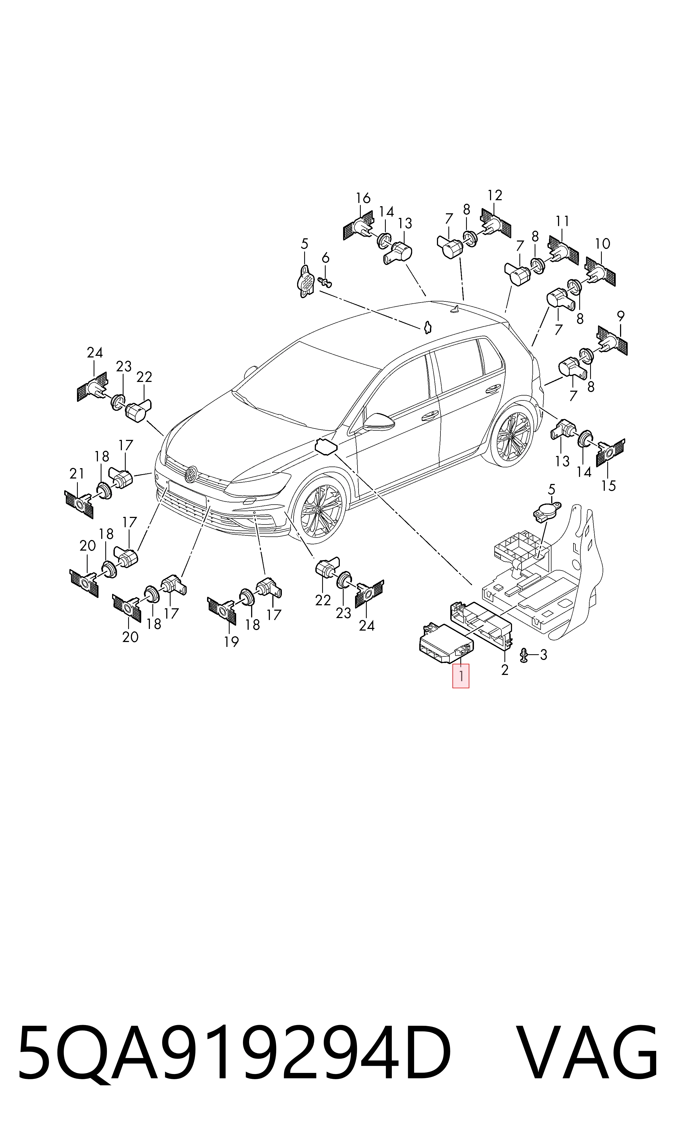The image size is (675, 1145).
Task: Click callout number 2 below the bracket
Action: coord(504,669)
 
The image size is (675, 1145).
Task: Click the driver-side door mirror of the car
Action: coord(379,422)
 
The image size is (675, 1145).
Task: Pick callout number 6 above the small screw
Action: coord(325,258)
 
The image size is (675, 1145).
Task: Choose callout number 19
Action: coord(232,642)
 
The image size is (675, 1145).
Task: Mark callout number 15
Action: coord(608,486)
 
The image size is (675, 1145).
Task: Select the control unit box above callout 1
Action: coord(446,643)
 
